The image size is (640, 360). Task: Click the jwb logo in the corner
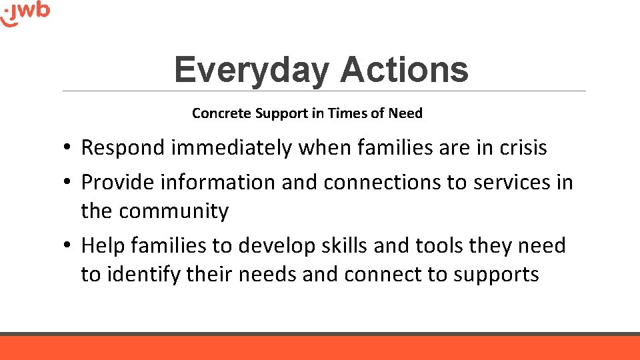25,13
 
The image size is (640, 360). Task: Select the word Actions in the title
404,70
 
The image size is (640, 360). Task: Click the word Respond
123,148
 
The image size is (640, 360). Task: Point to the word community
175,211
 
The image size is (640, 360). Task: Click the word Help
104,246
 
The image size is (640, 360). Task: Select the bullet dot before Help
69,247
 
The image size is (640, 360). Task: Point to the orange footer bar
320,348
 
